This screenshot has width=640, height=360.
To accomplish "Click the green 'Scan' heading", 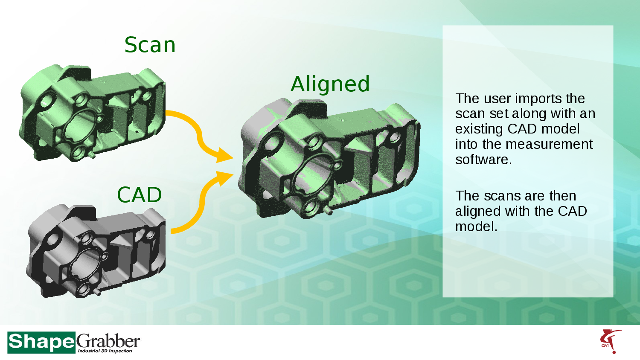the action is pos(150,45).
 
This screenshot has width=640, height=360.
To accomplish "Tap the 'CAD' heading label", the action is pos(140,195).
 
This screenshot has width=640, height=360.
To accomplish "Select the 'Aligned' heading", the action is pos(330,84).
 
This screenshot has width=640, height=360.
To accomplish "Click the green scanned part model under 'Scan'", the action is pos(92,113).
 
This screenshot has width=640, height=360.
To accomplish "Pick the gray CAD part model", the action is pos(96,252).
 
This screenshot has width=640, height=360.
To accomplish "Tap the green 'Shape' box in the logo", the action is pos(41,342).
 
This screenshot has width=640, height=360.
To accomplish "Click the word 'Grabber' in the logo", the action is pos(108,341).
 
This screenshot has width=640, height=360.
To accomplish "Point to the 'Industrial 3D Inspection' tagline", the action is pos(105,351).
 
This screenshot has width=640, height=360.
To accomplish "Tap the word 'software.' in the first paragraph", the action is pos(483,160).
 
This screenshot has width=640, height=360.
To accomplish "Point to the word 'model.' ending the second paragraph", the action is pos(476,226).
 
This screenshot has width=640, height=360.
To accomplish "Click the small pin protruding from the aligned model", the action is pos(328,211).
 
